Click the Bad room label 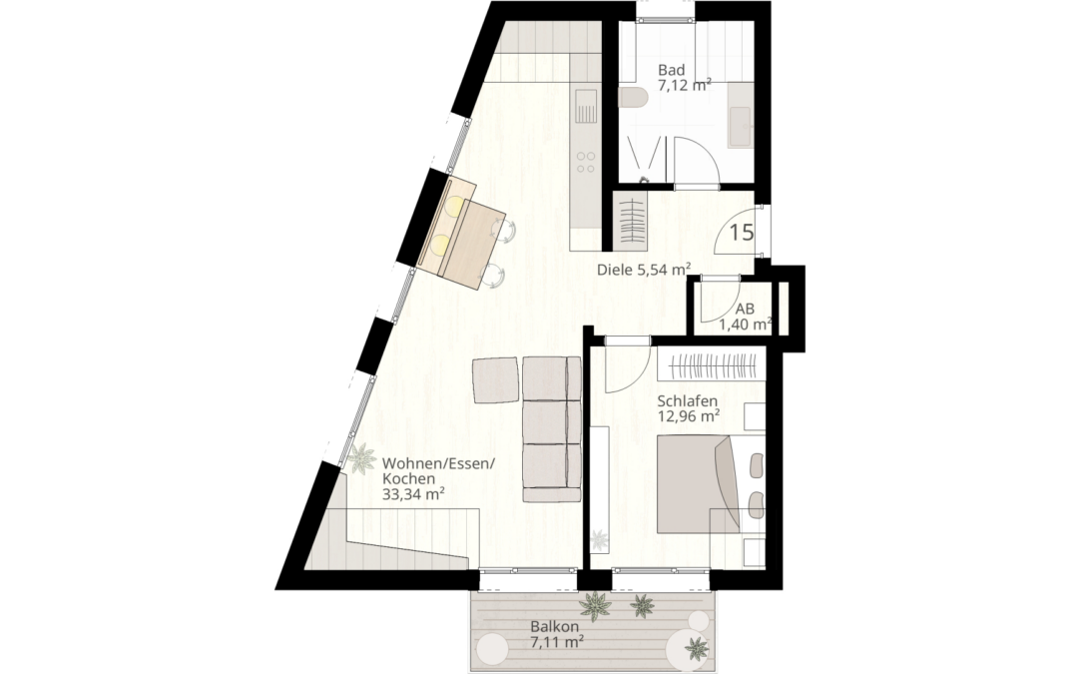(x=671, y=70)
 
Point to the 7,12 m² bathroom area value (x=684, y=86)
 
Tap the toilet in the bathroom (x=633, y=97)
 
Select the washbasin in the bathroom (x=741, y=127)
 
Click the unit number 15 (x=741, y=234)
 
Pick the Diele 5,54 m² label (x=644, y=270)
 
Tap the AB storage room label (x=745, y=309)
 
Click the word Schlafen (x=688, y=400)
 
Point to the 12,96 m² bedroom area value (x=689, y=416)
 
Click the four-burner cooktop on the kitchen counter (x=586, y=162)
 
